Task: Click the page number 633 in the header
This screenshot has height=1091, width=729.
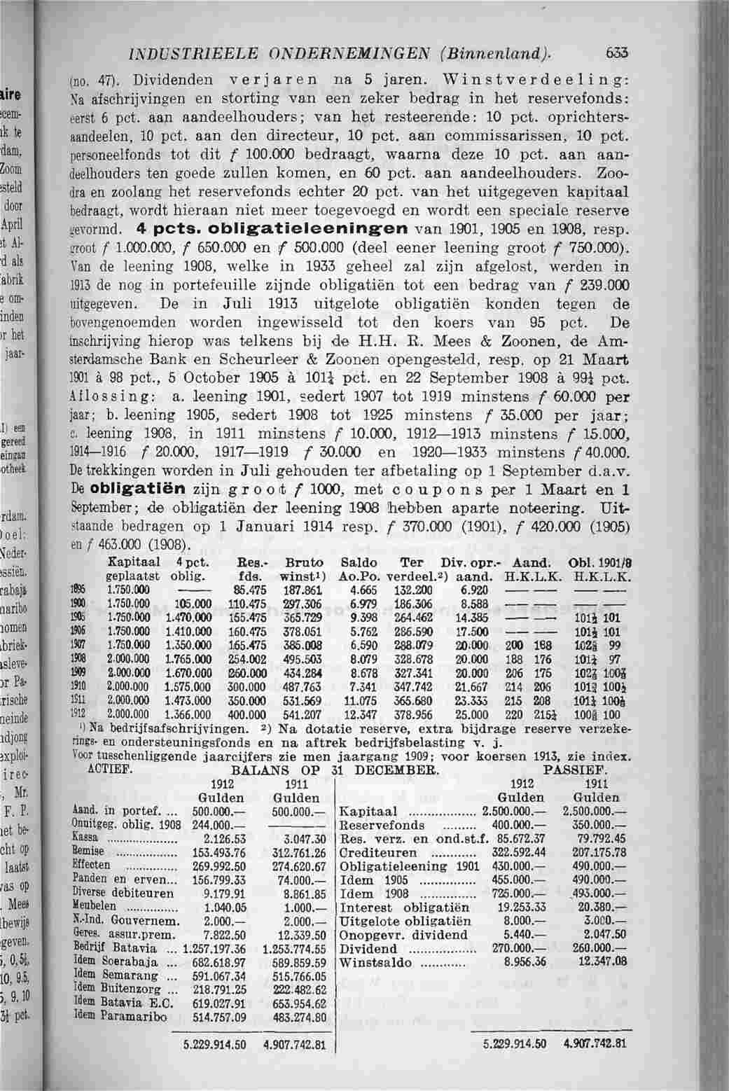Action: pos(618,50)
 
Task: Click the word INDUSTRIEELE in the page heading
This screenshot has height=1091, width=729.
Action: pos(185,51)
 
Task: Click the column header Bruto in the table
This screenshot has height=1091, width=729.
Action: pos(305,563)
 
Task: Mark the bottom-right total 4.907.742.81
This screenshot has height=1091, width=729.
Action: pos(592,1062)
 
